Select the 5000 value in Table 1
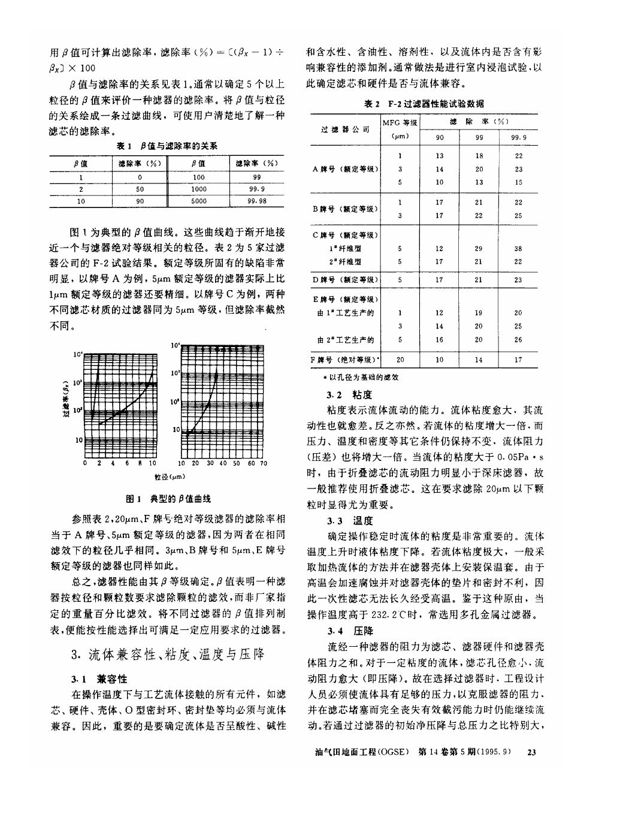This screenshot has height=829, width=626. [x=199, y=202]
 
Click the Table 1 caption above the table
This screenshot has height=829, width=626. [x=167, y=146]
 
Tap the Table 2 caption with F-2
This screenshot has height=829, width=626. [x=425, y=104]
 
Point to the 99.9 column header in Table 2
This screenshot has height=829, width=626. [x=519, y=138]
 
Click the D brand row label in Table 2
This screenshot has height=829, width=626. [x=346, y=280]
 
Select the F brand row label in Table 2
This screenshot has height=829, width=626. [x=346, y=360]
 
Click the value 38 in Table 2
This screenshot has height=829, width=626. [x=518, y=248]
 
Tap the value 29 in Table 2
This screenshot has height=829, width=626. [x=479, y=248]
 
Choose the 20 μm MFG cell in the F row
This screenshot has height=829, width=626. [x=400, y=360]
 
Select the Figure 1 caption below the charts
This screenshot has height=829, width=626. [x=168, y=499]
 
